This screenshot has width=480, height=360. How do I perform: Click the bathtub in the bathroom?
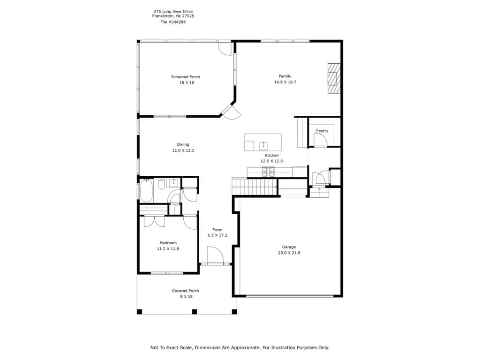point(146,191)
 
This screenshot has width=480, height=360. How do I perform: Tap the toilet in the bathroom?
point(161,184)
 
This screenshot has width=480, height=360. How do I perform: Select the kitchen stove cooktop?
point(268,172)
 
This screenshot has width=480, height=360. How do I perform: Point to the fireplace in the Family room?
point(334,78)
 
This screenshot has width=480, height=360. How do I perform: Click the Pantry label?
point(322,131)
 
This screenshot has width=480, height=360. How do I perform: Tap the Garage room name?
point(289,247)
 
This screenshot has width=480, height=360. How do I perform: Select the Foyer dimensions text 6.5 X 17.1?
point(217,235)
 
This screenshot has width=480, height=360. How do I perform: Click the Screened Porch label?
point(186,77)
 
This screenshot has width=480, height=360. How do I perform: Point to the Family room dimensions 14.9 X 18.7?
point(285,82)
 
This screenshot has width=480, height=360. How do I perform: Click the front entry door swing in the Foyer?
point(215,255)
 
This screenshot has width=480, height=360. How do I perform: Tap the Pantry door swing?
point(321,141)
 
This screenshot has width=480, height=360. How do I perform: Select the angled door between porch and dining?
point(232,112)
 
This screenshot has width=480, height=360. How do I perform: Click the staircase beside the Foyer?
point(255,186)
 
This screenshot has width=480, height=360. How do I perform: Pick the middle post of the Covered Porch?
point(195,312)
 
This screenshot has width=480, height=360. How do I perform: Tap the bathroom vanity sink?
point(174,183)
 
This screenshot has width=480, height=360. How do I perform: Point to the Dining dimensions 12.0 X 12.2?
point(183,150)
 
